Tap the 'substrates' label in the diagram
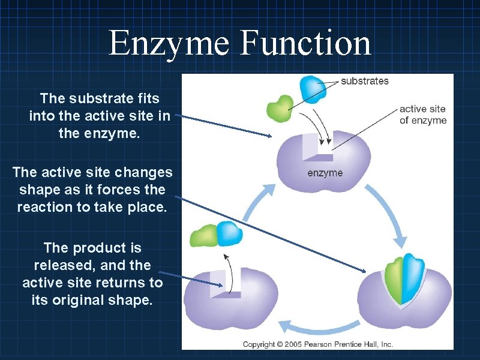(365, 81)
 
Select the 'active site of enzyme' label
(422, 115)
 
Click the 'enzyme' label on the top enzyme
(325, 173)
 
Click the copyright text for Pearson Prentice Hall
(317, 344)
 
